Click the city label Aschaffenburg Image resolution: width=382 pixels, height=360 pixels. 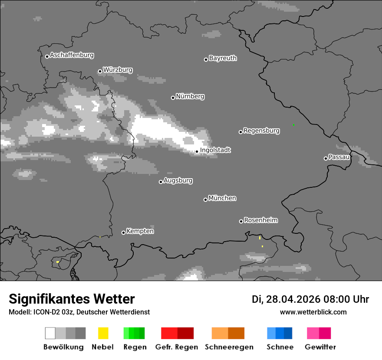click(x=72, y=55)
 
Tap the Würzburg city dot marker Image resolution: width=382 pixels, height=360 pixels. click(x=100, y=71)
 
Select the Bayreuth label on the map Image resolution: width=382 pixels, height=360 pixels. click(x=223, y=58)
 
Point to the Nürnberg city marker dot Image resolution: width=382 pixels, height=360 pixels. click(x=173, y=98)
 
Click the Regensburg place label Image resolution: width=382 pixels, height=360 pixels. click(x=261, y=131)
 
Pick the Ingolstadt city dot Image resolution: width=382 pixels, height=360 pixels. click(x=197, y=151)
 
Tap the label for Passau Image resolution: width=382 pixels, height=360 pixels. click(x=339, y=157)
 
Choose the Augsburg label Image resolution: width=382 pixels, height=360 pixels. click(x=178, y=180)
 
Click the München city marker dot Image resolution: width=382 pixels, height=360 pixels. click(x=205, y=200)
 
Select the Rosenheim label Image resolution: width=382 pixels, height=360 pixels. click(x=260, y=220)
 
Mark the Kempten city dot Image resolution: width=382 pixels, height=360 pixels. click(x=123, y=232)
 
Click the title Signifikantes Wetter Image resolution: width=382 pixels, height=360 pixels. click(x=72, y=299)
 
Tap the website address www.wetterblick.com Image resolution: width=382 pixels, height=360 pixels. click(x=313, y=312)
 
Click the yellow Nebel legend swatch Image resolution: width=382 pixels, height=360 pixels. click(x=103, y=333)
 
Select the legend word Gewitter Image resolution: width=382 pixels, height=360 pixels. click(x=320, y=347)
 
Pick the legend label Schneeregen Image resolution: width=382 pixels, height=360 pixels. click(x=228, y=347)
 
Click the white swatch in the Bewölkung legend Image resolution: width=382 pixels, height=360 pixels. click(x=50, y=333)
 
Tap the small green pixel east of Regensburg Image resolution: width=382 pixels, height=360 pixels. click(x=293, y=124)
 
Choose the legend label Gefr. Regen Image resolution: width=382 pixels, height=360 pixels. click(x=176, y=347)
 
